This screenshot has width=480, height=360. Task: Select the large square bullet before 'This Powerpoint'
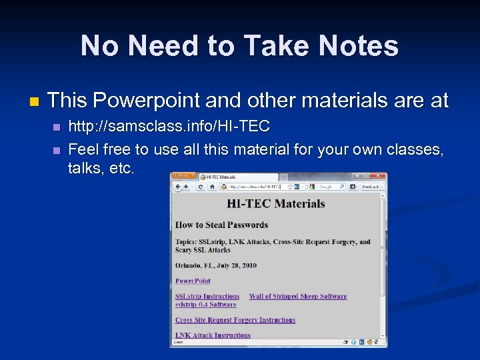34,102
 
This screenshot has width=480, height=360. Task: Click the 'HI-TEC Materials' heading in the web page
275,203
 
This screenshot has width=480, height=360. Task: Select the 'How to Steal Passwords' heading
221,225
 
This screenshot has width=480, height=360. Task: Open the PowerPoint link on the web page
193,281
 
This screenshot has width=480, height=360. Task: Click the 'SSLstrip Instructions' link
207,297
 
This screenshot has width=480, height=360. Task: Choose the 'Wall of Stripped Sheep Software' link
297,297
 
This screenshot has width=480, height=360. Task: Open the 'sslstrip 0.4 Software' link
205,305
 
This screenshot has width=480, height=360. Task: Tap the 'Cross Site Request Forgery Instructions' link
235,320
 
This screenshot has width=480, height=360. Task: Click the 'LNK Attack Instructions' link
213,335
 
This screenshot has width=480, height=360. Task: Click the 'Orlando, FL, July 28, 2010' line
215,265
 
